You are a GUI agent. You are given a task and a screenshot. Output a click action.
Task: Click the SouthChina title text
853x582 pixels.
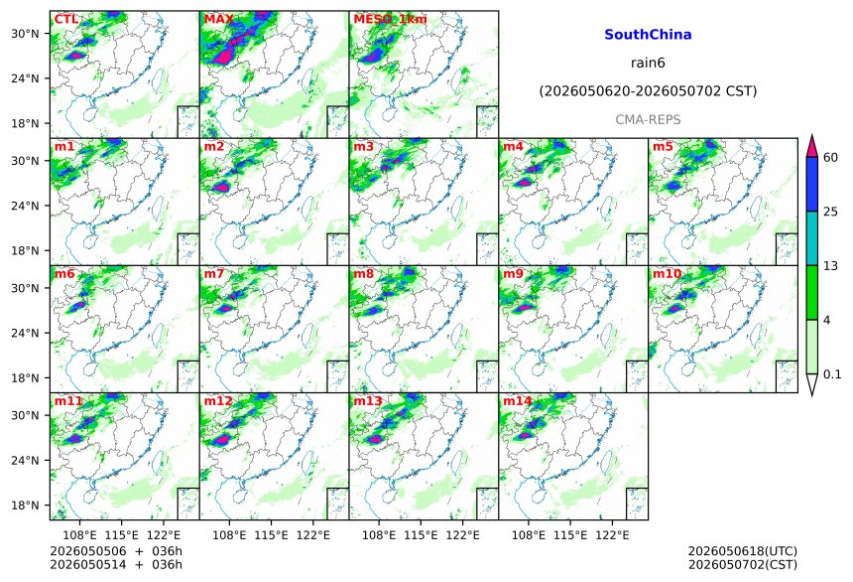click(x=648, y=35)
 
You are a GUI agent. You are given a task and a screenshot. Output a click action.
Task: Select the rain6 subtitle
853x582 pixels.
click(x=648, y=63)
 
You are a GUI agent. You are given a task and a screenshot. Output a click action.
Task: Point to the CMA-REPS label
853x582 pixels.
click(x=648, y=120)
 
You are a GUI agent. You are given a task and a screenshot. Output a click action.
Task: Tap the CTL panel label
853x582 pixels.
click(x=65, y=19)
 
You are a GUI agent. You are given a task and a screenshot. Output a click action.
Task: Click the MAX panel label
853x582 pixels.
click(x=218, y=19)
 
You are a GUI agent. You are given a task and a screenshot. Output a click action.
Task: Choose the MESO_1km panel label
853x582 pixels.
click(x=390, y=20)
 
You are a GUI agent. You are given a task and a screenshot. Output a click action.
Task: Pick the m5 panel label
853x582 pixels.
click(x=663, y=147)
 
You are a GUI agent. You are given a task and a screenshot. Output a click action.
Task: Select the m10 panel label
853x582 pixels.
click(x=667, y=273)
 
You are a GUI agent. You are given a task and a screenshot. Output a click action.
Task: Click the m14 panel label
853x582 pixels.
click(x=518, y=401)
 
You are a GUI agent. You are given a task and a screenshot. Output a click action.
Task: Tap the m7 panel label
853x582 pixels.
click(x=214, y=273)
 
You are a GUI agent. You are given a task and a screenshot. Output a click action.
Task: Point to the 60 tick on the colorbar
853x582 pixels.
click(x=831, y=158)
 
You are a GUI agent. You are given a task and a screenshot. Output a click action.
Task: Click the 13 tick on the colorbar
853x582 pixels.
click(x=831, y=266)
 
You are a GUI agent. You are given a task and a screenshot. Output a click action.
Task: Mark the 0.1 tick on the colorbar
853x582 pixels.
click(x=832, y=374)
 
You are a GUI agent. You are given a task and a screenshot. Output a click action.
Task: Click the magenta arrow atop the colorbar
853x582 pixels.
click(x=812, y=147)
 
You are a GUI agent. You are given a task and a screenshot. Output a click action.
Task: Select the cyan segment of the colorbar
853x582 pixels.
click(x=812, y=238)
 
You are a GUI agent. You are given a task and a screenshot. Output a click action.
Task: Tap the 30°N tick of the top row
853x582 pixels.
click(x=25, y=34)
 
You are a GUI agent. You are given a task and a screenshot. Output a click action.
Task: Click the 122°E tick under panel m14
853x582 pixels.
click(x=612, y=535)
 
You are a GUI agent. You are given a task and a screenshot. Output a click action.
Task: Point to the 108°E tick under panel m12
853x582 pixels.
click(x=229, y=535)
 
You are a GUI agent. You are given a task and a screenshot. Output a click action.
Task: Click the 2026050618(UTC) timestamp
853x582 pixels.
click(x=743, y=551)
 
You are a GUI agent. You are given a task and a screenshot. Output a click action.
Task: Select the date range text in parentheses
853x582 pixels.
click(x=648, y=91)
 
